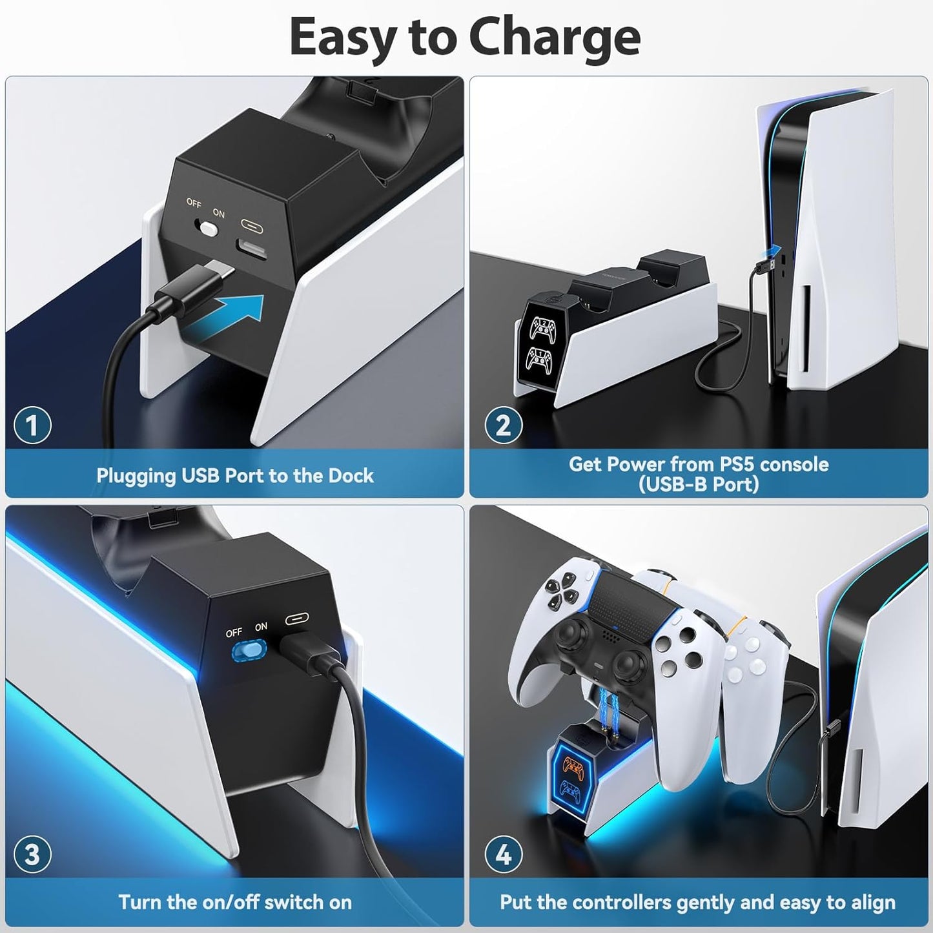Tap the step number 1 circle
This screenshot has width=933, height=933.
32,425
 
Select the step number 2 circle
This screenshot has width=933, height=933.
503,425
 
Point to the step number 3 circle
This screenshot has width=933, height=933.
32,854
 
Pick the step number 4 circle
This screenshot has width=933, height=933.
503,854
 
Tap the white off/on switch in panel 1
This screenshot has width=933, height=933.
208,228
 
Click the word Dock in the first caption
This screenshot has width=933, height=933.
351,476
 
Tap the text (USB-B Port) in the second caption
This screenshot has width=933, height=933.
699,484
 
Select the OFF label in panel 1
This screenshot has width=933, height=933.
194,203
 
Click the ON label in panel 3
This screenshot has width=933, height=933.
261,626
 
